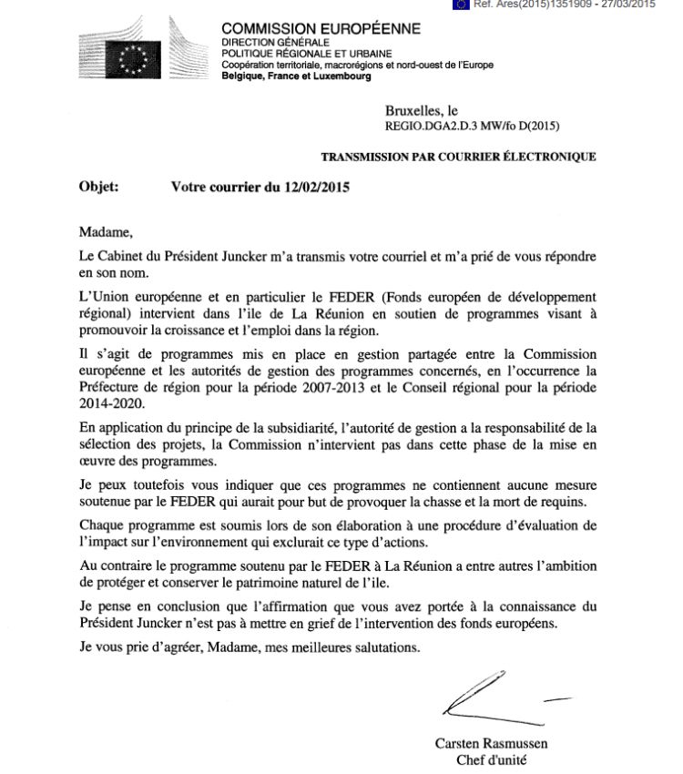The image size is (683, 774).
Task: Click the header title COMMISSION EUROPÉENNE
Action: click(x=321, y=28)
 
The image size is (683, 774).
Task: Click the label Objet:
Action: click(x=100, y=188)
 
